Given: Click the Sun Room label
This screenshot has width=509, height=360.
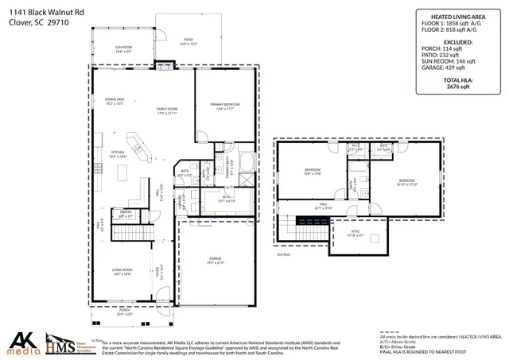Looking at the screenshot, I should point(123,49).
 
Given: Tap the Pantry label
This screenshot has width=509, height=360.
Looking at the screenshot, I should point(125,213).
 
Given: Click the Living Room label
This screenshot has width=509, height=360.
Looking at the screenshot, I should point(122,271).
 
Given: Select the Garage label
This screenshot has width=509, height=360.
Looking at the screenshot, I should point(215,261).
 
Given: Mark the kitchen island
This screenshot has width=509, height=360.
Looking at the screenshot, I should point(123,172).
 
